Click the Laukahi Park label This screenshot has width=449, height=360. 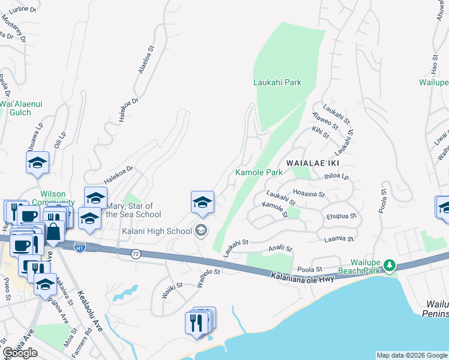pos(277,82)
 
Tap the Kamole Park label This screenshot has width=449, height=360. pos(259,172)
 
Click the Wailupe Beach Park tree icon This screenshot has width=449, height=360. pos(390,265)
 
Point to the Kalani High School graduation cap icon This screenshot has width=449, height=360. pos(202,230)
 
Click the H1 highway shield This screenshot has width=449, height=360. pos(79,247)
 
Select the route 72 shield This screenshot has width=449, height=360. pos(136,254)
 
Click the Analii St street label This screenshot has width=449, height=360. pos(280,248)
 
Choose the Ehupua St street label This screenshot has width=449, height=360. pos(342,216)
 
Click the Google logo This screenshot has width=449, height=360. pos(20,353)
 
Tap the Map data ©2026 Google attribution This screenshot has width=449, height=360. pos(412,355)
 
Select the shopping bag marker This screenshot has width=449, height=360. pos(54,231)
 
